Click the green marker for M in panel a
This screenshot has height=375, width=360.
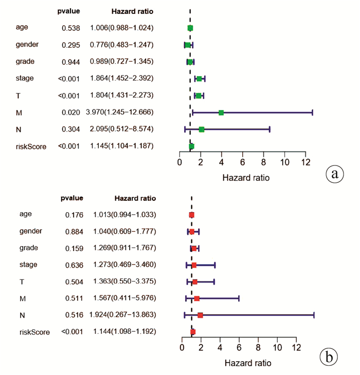[221, 113]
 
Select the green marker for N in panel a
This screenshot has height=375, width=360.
[202, 129]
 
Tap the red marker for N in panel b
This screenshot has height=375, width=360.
[200, 315]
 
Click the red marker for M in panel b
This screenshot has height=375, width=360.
[197, 298]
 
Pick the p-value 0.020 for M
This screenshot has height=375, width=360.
[70, 112]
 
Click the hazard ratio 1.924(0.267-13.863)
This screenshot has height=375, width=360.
[124, 314]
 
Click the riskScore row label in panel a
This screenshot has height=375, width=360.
[31, 146]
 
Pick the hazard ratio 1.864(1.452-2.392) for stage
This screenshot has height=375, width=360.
[121, 79]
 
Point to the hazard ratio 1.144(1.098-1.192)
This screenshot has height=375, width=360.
[124, 331]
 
